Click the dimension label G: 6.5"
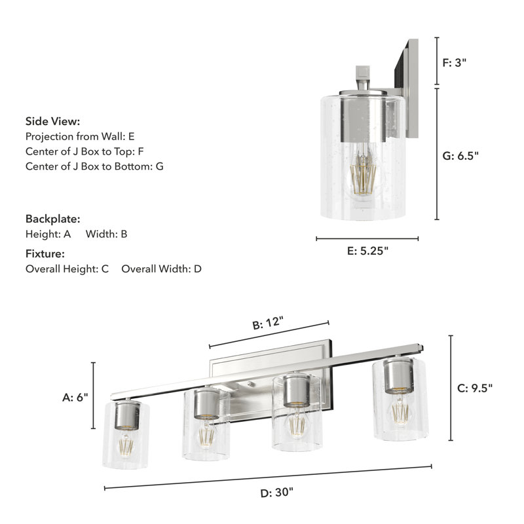[x=460, y=156]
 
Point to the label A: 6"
[x=75, y=397]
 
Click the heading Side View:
[x=53, y=121]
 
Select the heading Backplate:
[x=53, y=219]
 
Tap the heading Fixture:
[x=45, y=253]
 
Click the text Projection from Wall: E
[x=80, y=136]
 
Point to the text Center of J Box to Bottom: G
[x=94, y=166]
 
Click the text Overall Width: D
[x=161, y=269]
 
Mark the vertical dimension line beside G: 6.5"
[x=437, y=154]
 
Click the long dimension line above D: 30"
[x=269, y=477]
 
